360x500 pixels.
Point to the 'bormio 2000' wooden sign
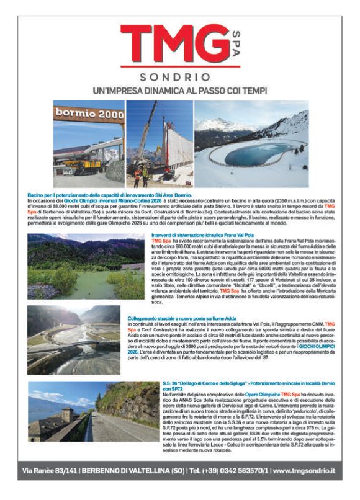(89, 114)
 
